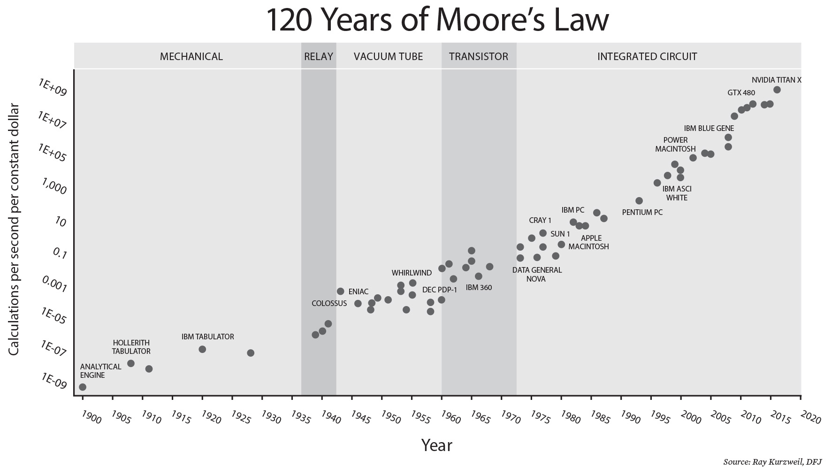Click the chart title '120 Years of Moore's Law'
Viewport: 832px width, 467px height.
[437, 20]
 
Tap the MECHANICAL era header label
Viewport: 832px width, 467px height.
[191, 57]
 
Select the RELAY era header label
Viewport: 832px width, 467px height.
[319, 57]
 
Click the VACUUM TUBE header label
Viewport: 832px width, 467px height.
[388, 57]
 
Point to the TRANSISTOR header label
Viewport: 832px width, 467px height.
[478, 57]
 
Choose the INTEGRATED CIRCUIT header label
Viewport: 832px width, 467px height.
[647, 57]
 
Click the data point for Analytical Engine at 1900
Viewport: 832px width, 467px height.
[83, 387]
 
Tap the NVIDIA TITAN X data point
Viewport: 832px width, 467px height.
[777, 90]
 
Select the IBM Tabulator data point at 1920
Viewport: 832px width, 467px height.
[202, 349]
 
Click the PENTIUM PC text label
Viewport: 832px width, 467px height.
[642, 212]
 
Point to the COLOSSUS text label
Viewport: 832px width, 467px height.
[329, 303]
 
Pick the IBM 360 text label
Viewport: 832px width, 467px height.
[479, 287]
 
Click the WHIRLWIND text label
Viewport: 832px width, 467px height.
[412, 273]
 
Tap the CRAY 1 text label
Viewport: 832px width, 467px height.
[540, 220]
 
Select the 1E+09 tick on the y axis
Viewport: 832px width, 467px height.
[53, 87]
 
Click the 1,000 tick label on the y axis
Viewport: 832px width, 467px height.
[54, 188]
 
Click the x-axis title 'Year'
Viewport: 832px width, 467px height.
[436, 444]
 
